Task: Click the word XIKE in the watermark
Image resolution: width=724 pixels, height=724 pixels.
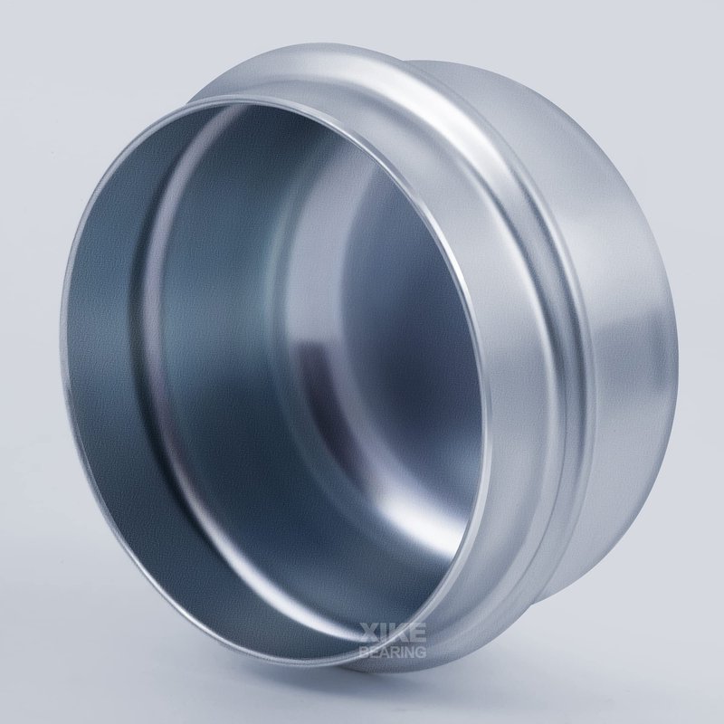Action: click(393, 633)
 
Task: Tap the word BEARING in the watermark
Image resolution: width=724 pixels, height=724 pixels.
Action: click(393, 651)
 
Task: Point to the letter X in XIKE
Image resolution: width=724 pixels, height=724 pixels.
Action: click(368, 633)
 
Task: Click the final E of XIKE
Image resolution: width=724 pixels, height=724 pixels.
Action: click(417, 633)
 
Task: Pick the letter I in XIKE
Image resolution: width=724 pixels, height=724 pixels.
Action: click(382, 633)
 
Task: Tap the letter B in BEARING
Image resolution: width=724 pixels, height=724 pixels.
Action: click(364, 651)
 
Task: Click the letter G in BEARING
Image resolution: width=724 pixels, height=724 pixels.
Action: click(421, 651)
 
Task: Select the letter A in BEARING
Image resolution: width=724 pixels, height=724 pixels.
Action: click(383, 651)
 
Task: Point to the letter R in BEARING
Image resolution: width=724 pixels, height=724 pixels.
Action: click(395, 651)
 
